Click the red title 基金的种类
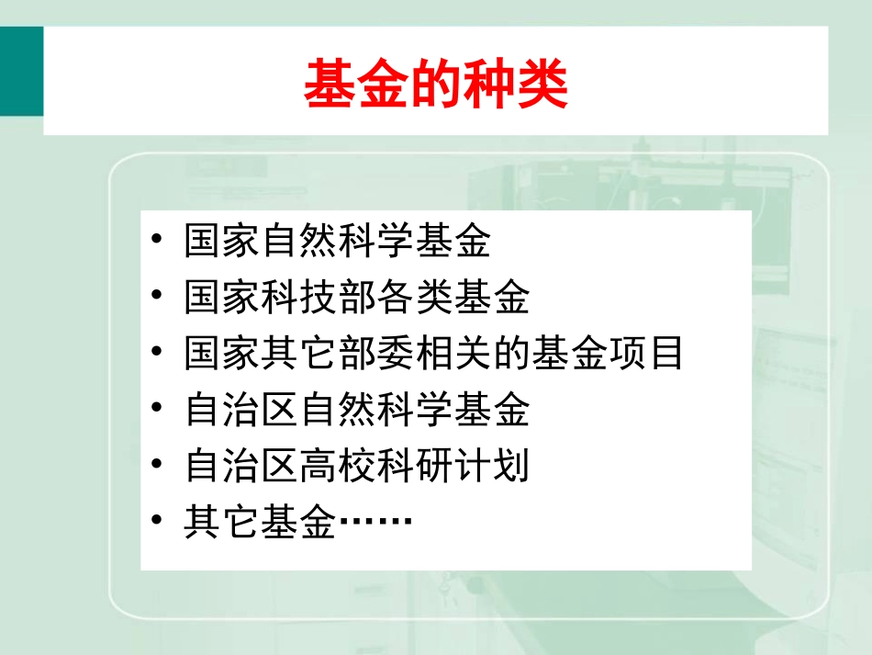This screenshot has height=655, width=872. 435,85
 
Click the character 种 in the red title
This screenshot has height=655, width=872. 489,85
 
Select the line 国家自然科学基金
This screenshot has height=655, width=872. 338,242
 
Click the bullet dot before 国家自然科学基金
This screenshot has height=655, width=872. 158,241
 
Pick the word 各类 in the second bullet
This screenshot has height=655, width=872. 415,298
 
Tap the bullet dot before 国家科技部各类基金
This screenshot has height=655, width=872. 158,297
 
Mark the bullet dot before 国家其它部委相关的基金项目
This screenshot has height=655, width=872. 158,353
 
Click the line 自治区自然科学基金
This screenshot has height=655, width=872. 357,410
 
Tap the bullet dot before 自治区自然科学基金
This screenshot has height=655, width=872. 158,409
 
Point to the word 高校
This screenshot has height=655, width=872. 338,467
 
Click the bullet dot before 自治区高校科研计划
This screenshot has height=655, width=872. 158,465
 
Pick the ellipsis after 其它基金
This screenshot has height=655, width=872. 375,524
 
